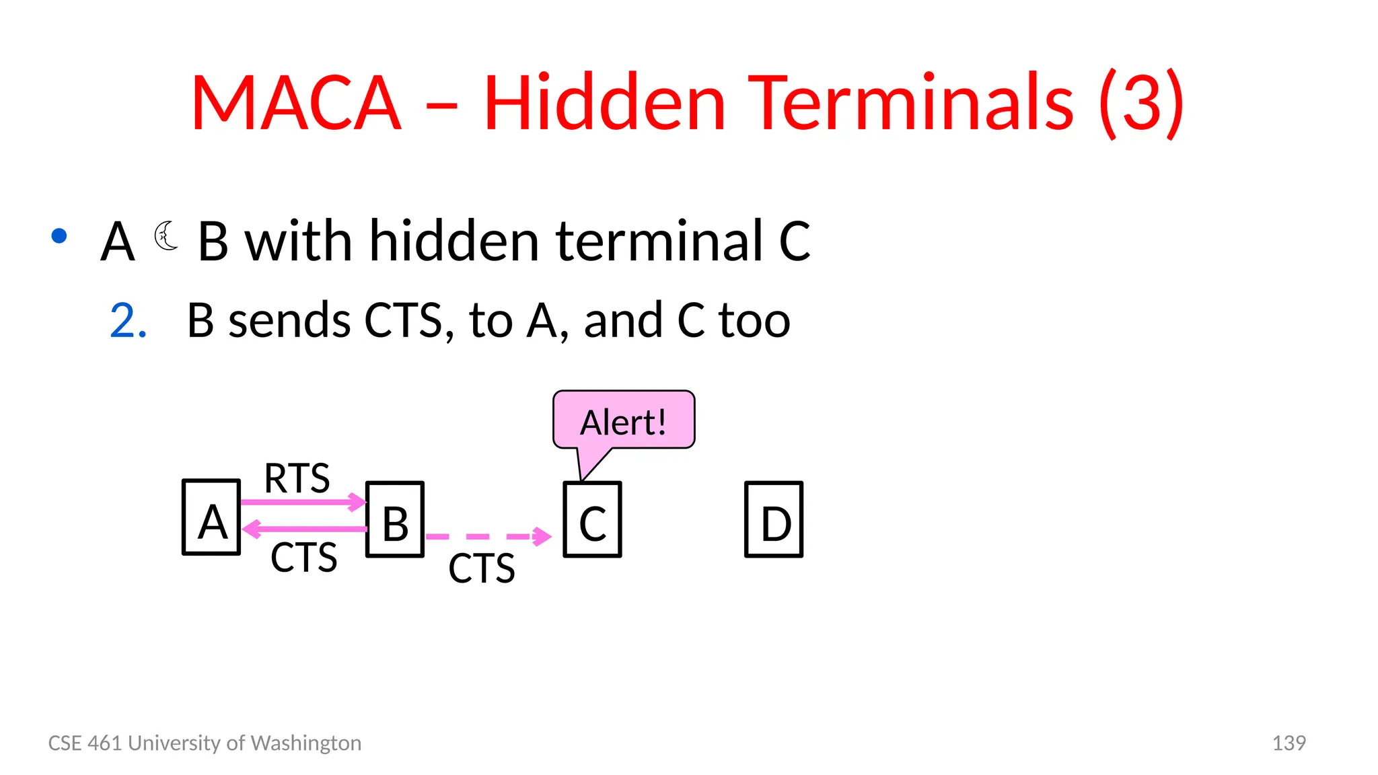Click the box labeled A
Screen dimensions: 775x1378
click(211, 517)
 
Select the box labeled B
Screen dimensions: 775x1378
click(395, 519)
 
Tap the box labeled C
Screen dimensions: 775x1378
click(592, 519)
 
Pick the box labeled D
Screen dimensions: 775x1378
click(774, 519)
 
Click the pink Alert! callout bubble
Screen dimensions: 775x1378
click(624, 420)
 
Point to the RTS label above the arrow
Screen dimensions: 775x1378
click(297, 478)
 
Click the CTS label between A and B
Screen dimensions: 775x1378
click(303, 557)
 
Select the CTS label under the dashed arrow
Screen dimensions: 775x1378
click(482, 568)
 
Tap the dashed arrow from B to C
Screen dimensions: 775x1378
click(488, 536)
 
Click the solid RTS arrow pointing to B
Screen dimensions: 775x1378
click(303, 502)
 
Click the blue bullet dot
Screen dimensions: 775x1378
click(59, 235)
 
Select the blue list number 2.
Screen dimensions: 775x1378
click(128, 320)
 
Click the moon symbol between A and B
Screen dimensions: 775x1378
click(166, 235)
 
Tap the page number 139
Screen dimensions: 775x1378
click(1289, 743)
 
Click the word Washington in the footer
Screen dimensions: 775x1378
click(306, 743)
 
